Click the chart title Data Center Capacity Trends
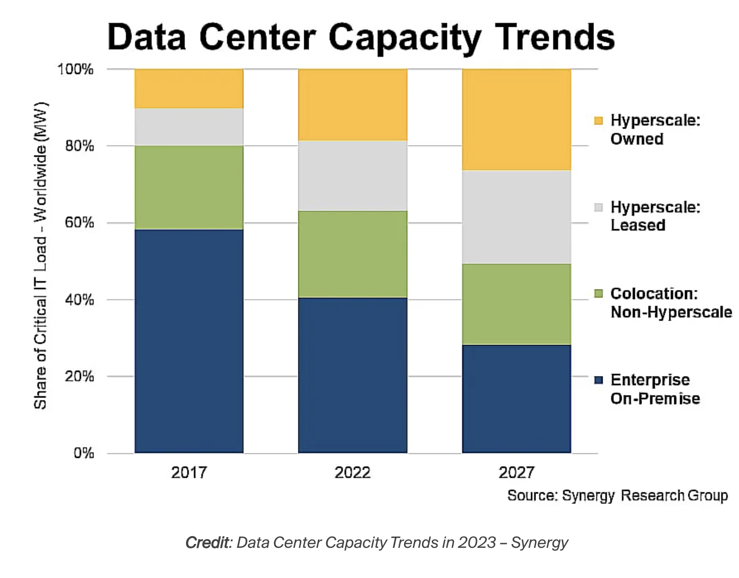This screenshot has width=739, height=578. click(361, 37)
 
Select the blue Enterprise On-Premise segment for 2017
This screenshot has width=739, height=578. click(189, 341)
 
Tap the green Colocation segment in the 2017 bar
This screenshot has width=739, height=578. click(189, 187)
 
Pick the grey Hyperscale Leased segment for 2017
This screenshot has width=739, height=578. click(189, 126)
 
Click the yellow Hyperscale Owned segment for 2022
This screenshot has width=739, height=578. click(352, 105)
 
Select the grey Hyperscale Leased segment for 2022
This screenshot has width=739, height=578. click(352, 175)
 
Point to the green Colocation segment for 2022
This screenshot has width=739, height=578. click(352, 253)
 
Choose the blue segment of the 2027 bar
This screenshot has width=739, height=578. click(516, 398)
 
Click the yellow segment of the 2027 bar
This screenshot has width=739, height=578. click(516, 120)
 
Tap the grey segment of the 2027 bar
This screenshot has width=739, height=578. click(516, 217)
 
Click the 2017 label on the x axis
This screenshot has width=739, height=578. click(189, 472)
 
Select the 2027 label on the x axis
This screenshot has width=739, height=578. click(516, 472)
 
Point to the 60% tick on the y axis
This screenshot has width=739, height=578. click(79, 223)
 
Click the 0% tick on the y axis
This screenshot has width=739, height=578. click(83, 453)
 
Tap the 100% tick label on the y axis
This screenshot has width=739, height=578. click(75, 70)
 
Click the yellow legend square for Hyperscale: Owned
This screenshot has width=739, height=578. click(598, 121)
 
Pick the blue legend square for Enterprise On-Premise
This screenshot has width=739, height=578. click(598, 380)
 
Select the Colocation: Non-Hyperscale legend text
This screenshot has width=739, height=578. click(671, 303)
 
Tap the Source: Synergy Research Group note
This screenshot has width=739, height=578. click(617, 495)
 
